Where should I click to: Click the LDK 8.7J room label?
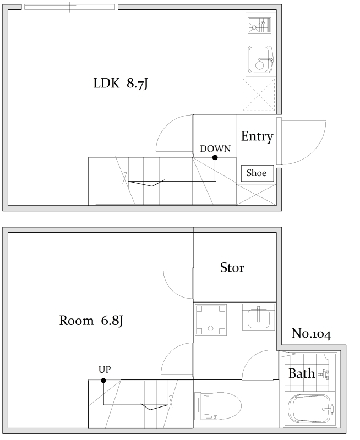[x=121, y=84]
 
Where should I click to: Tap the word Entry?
[x=257, y=136]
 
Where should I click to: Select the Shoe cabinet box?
[x=257, y=173]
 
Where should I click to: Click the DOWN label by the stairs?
[x=215, y=148]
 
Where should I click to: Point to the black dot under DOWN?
[x=215, y=157]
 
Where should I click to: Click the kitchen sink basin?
[x=260, y=60]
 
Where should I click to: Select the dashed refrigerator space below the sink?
[x=259, y=95]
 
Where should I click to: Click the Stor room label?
[x=232, y=268]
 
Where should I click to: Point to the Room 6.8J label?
[x=91, y=321]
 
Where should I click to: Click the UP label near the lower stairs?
[x=105, y=370]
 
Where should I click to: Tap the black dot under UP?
[x=103, y=381]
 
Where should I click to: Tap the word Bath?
[x=302, y=374]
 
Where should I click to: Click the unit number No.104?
[x=312, y=334]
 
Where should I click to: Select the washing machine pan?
[x=211, y=320]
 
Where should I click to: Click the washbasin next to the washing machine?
[x=259, y=317]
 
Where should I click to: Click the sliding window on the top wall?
[x=70, y=7]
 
